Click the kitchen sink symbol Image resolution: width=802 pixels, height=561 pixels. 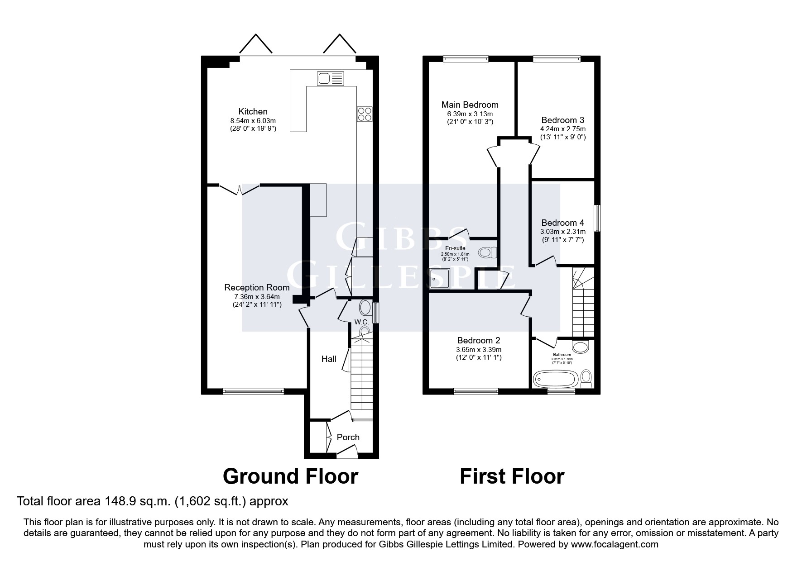click(x=331, y=79)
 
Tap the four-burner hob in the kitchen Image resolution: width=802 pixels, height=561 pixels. click(x=365, y=114)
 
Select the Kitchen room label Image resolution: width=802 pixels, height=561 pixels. click(x=253, y=111)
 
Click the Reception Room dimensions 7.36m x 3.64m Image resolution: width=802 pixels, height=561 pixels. click(x=257, y=297)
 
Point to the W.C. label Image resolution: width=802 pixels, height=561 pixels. click(x=361, y=322)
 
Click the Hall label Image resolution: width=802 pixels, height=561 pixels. click(x=329, y=359)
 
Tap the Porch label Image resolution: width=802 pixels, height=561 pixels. click(x=348, y=437)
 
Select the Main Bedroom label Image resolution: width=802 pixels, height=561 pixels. click(x=470, y=105)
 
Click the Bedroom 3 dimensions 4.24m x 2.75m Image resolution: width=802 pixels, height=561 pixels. click(x=562, y=129)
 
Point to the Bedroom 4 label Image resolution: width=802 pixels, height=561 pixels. click(x=562, y=223)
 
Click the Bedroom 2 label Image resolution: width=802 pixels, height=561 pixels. click(x=478, y=340)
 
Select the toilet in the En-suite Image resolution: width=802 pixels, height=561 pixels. click(x=487, y=252)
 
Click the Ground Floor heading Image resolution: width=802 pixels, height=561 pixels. click(x=290, y=476)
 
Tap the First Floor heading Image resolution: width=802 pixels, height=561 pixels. click(x=512, y=476)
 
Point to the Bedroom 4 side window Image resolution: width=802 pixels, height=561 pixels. click(x=597, y=219)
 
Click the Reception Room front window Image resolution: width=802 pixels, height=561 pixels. click(x=254, y=391)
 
